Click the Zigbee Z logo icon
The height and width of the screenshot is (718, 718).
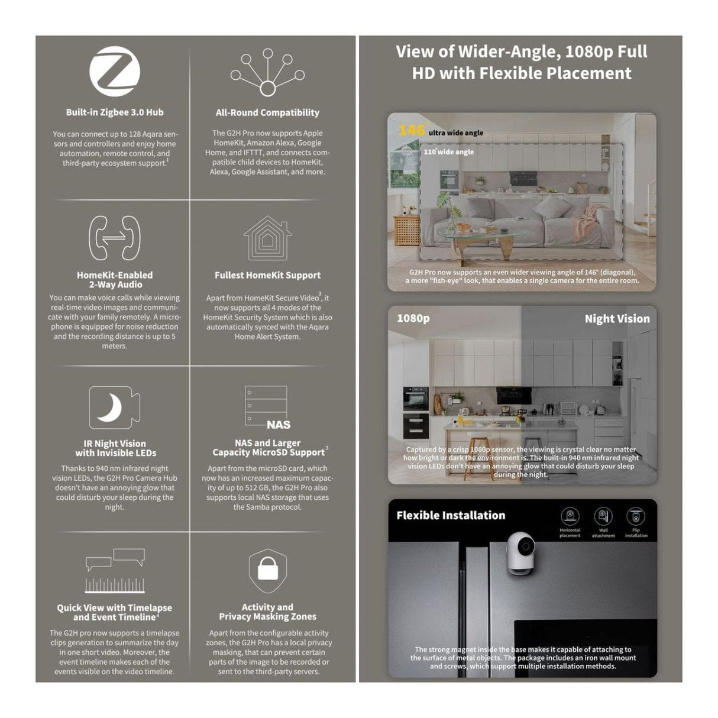tap(115, 72)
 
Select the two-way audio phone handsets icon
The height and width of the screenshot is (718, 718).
tap(114, 238)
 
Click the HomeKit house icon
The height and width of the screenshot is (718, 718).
tap(267, 238)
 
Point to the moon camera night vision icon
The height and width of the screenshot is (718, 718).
tap(114, 407)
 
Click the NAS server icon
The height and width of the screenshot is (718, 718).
tap(267, 407)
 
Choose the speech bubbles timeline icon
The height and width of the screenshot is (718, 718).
tap(115, 570)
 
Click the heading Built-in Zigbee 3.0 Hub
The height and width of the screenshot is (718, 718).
tap(115, 112)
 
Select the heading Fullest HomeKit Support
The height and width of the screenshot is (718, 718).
tap(267, 275)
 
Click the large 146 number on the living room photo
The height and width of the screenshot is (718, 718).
tap(411, 130)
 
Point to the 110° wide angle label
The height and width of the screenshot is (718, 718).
tap(448, 152)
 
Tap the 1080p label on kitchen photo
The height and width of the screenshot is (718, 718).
tap(413, 318)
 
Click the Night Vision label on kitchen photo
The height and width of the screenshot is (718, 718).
tap(617, 319)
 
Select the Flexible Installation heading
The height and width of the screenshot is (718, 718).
tap(451, 515)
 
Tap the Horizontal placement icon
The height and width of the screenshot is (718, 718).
tap(570, 516)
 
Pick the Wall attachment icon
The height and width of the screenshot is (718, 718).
tap(603, 516)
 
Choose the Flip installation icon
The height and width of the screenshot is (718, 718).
tap(636, 516)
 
